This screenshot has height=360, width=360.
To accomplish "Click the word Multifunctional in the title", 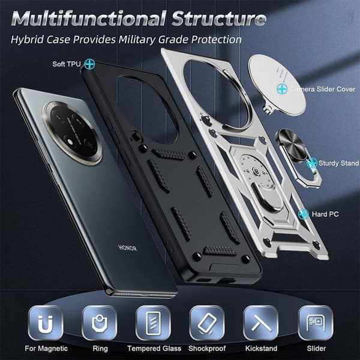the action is (88, 19).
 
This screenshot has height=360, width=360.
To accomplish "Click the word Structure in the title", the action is (219, 19).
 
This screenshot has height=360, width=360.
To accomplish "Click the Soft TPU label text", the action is (67, 64).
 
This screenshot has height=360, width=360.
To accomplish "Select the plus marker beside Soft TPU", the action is (89, 64).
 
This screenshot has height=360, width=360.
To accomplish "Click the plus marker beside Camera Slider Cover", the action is (282, 89).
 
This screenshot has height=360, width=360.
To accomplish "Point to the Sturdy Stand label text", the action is (338, 163).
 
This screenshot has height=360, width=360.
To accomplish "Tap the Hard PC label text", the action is (325, 214).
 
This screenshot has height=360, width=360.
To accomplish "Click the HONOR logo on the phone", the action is (128, 248).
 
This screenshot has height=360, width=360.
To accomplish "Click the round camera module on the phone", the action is (73, 133).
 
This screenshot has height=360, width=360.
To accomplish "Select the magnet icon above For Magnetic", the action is (45, 323).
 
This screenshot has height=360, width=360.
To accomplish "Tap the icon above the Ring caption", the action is (100, 323).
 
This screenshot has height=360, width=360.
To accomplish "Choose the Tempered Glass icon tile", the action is (153, 323).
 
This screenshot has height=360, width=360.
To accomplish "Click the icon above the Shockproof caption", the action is (207, 323).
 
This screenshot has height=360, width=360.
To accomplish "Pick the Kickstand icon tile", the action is (261, 323).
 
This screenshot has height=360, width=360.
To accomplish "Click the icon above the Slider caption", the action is (316, 323).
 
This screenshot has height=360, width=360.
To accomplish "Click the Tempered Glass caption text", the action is (154, 349).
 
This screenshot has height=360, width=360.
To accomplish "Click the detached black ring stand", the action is (298, 157).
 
